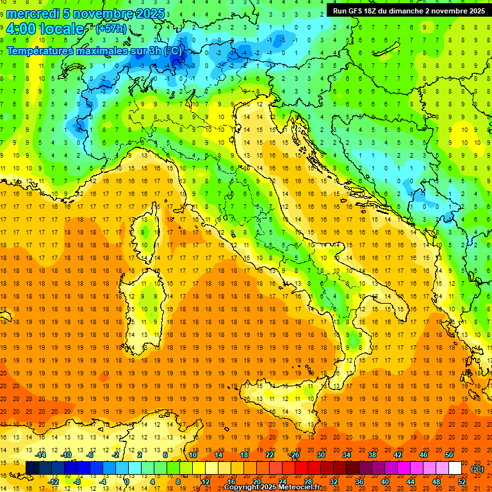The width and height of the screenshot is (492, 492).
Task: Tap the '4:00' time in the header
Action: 21,29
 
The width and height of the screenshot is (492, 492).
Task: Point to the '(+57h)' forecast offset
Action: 111,29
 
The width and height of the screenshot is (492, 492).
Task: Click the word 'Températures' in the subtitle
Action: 38,51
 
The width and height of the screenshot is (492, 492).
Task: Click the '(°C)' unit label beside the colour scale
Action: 477,469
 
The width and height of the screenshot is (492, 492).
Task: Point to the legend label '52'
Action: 462,482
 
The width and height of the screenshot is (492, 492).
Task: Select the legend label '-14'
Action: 42,455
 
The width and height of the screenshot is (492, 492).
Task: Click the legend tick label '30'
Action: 320,455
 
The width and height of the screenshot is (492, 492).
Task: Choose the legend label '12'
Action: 206,482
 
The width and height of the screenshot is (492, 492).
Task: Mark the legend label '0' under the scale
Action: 127,482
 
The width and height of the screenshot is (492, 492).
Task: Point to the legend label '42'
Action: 397,455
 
